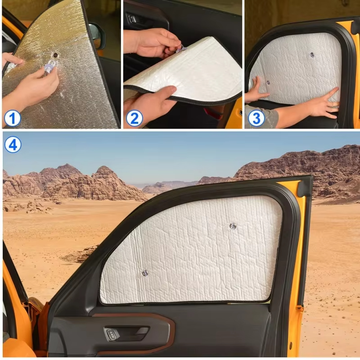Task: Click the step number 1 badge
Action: [x=13, y=118]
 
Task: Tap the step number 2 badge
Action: [x=134, y=118]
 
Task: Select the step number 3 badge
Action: [x=256, y=118]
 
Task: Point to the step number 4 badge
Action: [x=13, y=145]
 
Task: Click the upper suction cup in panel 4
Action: [x=233, y=226]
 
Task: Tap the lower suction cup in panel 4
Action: [x=145, y=273]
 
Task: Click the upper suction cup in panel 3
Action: [x=312, y=55]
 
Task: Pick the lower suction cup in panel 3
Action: [x=268, y=82]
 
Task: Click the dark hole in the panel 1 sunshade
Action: [x=55, y=55]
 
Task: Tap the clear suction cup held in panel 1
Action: [x=50, y=66]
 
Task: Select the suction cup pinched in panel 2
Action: [x=181, y=49]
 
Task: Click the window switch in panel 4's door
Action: [x=111, y=334]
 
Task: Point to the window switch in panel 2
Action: [x=132, y=19]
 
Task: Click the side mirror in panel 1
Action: [x=97, y=36]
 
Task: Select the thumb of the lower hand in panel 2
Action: [x=165, y=93]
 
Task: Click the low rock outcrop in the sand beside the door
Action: [x=81, y=254]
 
